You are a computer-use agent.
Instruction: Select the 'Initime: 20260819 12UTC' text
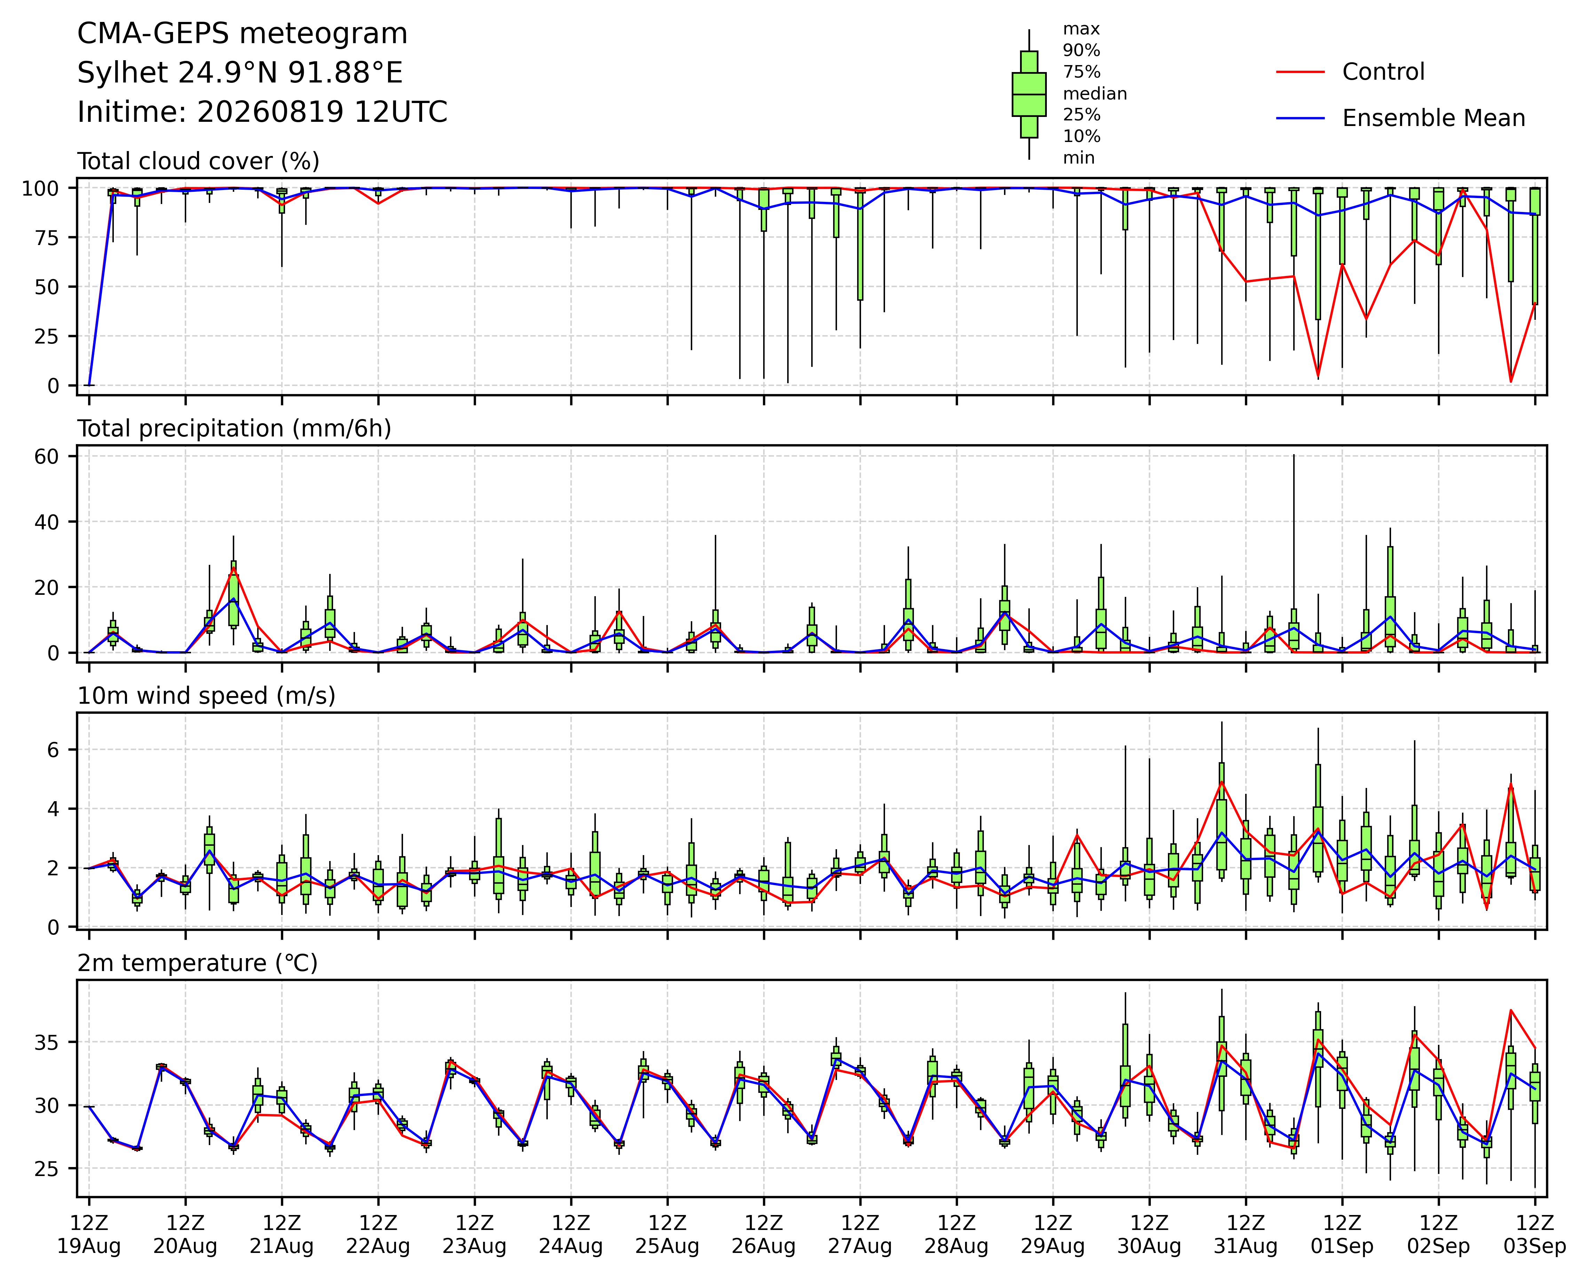pyautogui.click(x=262, y=112)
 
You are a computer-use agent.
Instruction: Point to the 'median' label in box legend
pyautogui.click(x=1095, y=94)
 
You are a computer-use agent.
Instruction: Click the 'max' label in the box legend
pyautogui.click(x=1081, y=30)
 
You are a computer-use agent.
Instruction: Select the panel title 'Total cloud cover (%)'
pyautogui.click(x=199, y=161)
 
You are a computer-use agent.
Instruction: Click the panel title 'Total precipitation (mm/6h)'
pyautogui.click(x=234, y=429)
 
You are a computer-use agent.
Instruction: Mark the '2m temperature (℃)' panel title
pyautogui.click(x=197, y=963)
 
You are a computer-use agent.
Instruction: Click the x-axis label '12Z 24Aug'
pyautogui.click(x=571, y=1235)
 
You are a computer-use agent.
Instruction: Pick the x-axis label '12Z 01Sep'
pyautogui.click(x=1342, y=1235)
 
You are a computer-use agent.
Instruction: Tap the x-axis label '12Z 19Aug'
pyautogui.click(x=89, y=1235)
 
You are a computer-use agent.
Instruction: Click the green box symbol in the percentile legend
pyautogui.click(x=1029, y=94)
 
